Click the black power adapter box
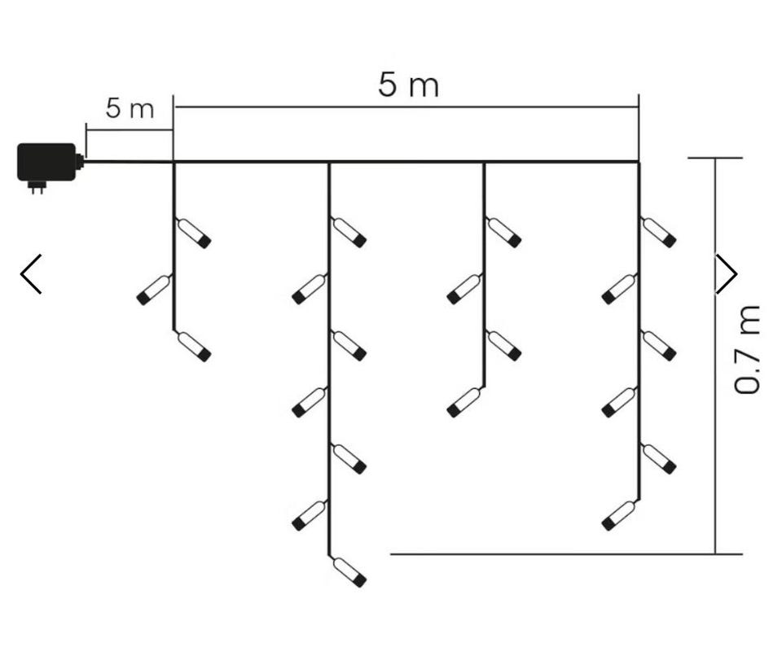(46, 162)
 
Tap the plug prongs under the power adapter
(37, 187)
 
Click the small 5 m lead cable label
(130, 108)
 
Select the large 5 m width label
(408, 85)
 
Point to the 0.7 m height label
(747, 349)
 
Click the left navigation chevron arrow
(31, 274)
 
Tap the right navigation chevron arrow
(727, 274)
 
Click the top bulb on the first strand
(194, 233)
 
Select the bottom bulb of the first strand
(194, 346)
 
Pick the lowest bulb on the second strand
(349, 571)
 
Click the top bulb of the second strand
(349, 232)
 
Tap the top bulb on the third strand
(503, 232)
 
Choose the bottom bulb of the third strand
(465, 403)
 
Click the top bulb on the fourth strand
(659, 232)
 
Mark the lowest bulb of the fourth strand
(620, 515)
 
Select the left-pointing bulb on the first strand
(155, 290)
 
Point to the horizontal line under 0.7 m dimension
(566, 553)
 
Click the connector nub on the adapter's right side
(80, 161)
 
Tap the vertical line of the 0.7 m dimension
(716, 356)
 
